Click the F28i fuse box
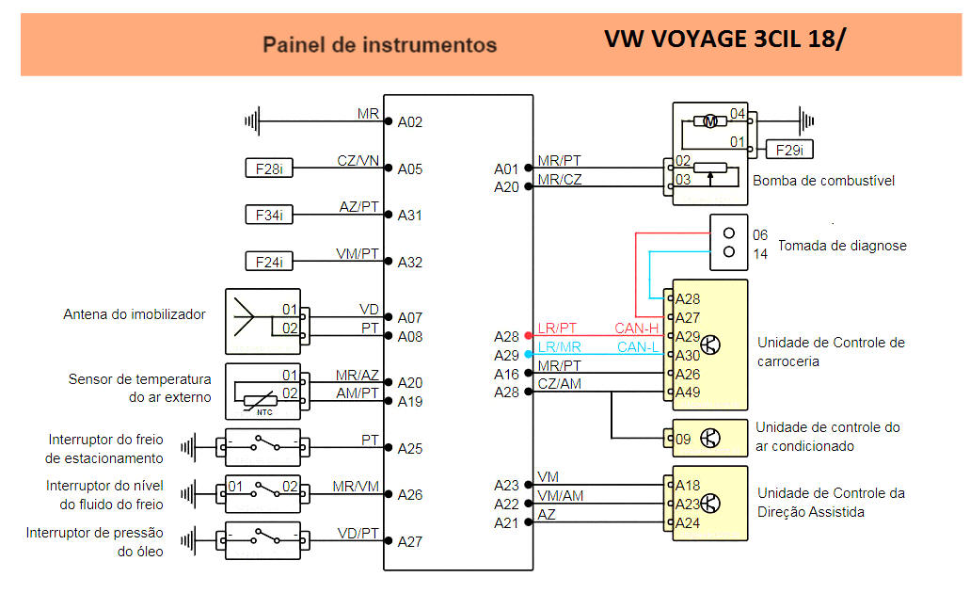pyautogui.click(x=268, y=168)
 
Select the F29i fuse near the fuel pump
pyautogui.click(x=789, y=150)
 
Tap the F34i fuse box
pyautogui.click(x=268, y=215)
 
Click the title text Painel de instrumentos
pyautogui.click(x=379, y=44)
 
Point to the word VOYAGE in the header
pyautogui.click(x=700, y=40)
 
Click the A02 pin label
pyautogui.click(x=410, y=121)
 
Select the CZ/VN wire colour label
pyautogui.click(x=358, y=160)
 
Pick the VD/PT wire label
pyautogui.click(x=358, y=534)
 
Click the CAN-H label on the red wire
pyautogui.click(x=636, y=328)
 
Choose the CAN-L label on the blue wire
pyautogui.click(x=637, y=346)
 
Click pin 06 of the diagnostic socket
pyautogui.click(x=760, y=234)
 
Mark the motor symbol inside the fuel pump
pyautogui.click(x=711, y=120)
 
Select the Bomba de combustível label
pyautogui.click(x=823, y=181)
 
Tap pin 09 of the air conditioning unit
pyautogui.click(x=682, y=438)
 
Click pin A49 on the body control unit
pyautogui.click(x=688, y=392)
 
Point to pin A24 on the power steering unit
pyautogui.click(x=687, y=522)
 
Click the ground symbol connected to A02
pyautogui.click(x=251, y=120)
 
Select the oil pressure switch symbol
pyautogui.click(x=262, y=540)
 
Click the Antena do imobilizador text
pyautogui.click(x=134, y=314)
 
